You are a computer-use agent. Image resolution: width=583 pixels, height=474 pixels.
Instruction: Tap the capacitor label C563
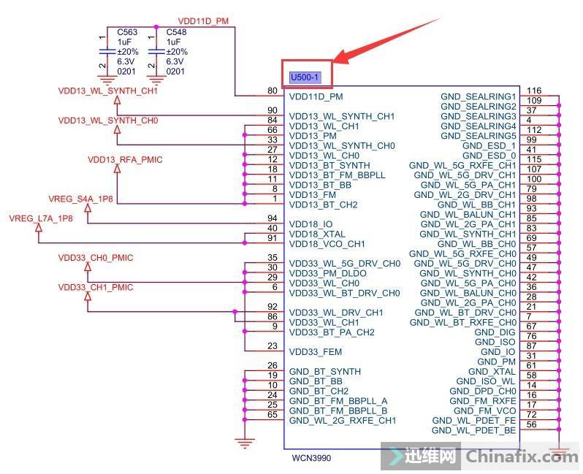click(127, 33)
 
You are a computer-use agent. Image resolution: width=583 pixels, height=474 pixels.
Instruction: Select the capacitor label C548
click(176, 33)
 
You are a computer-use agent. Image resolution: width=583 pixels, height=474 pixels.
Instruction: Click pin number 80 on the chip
click(273, 91)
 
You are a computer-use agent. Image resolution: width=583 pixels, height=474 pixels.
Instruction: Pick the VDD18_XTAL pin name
click(317, 234)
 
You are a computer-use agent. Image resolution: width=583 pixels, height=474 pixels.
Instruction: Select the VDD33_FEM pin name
click(315, 352)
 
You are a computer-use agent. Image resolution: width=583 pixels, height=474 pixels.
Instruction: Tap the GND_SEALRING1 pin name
click(478, 96)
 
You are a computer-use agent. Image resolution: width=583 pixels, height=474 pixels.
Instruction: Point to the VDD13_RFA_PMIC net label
click(125, 159)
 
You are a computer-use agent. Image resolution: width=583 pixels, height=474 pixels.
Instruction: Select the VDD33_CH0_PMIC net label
click(96, 258)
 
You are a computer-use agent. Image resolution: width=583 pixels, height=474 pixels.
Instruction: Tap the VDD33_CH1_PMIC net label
click(96, 287)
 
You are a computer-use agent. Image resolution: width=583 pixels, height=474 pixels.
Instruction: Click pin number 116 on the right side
click(533, 90)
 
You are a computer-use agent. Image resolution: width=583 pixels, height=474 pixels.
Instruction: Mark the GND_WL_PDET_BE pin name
click(473, 431)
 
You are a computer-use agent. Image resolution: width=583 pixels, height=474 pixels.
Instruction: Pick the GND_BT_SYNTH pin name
click(324, 372)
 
